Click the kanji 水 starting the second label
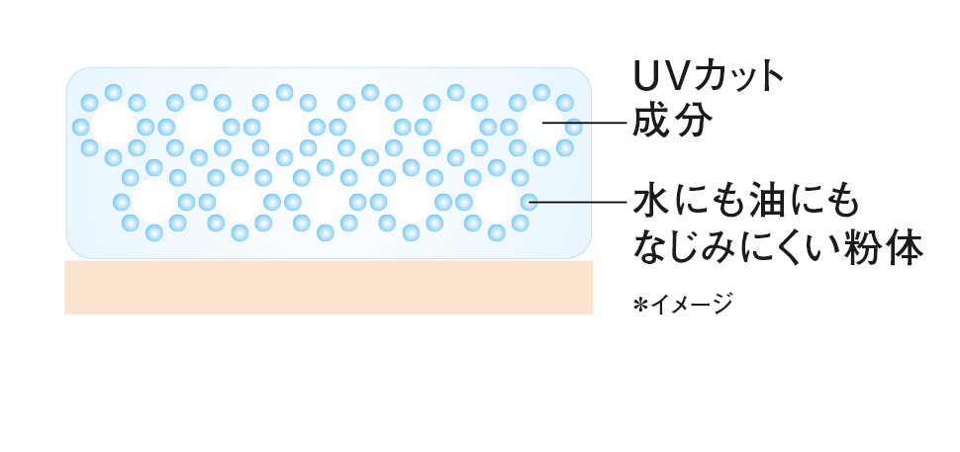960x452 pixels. (x=652, y=201)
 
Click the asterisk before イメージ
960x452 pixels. (x=640, y=304)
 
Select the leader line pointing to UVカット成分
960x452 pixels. (x=599, y=125)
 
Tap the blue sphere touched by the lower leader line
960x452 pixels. (x=529, y=202)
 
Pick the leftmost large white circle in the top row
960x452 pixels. (x=113, y=126)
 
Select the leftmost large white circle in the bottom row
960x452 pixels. (x=153, y=202)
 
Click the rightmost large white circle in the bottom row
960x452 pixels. (x=496, y=202)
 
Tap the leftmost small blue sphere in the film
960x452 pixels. (x=80, y=127)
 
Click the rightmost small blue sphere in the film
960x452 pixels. (x=574, y=127)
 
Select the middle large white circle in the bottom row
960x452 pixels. (x=325, y=202)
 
